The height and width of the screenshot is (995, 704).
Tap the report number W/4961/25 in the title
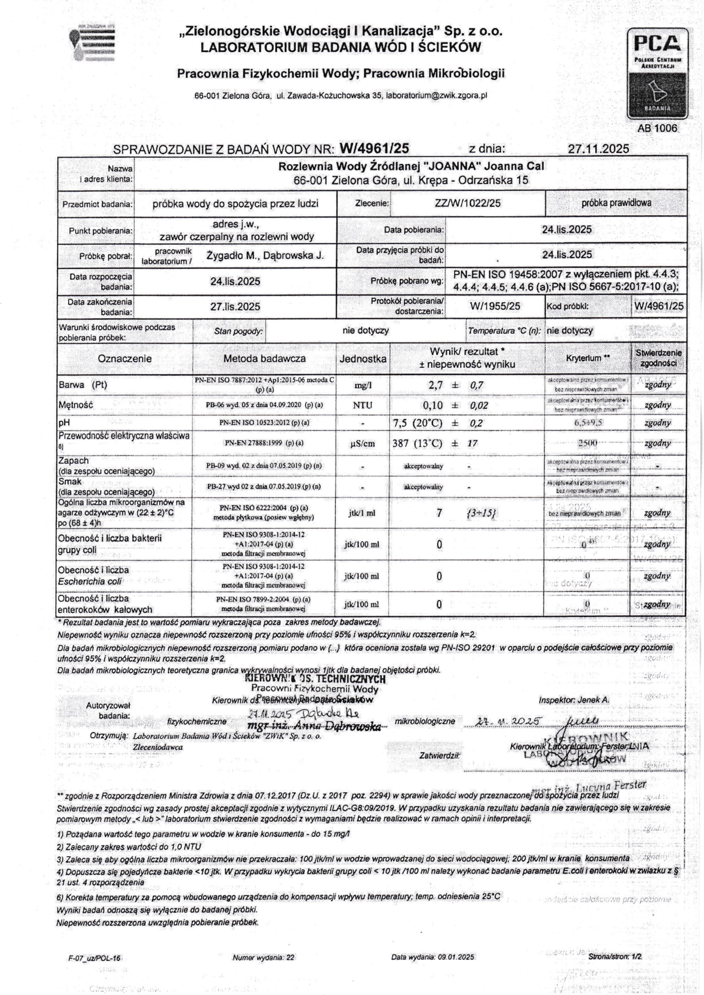(374, 148)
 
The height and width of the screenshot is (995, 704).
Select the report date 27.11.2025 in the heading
(598, 148)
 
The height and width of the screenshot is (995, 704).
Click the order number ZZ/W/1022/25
(468, 203)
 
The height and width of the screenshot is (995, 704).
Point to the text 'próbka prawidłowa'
(616, 203)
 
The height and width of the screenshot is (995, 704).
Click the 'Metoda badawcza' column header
(264, 358)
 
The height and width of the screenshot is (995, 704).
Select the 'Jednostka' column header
(363, 358)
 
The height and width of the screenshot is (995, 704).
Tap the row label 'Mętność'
(76, 405)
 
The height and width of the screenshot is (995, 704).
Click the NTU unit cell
(362, 405)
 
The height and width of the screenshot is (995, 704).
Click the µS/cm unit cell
(362, 443)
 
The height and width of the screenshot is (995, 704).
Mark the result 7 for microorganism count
(439, 512)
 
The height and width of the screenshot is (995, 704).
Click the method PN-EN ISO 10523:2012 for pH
(264, 423)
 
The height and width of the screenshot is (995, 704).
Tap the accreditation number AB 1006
(657, 128)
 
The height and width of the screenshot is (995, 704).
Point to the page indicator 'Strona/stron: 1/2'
(615, 957)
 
